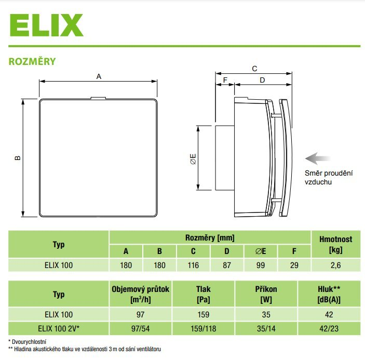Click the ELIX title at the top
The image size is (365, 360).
point(46,24)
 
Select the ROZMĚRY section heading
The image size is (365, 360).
point(32,61)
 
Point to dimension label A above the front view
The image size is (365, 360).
point(99,76)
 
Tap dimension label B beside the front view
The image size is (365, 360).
point(17,157)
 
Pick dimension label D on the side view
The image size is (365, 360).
point(262,80)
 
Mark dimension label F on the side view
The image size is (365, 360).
point(225,80)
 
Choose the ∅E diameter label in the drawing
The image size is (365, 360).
point(193,158)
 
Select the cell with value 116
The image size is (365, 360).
point(193,265)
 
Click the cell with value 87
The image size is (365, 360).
point(226,265)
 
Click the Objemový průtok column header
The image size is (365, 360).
point(141,295)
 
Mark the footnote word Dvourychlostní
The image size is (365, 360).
point(29,341)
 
